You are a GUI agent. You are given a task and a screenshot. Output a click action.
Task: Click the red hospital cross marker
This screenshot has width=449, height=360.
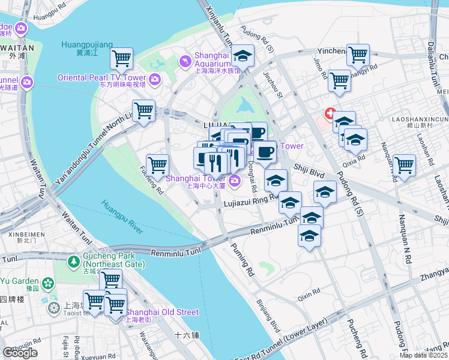point(330,113)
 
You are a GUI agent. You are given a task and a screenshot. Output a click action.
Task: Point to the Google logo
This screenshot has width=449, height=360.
point(20,353)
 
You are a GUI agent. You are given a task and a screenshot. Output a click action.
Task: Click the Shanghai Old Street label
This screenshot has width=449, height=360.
point(162,312)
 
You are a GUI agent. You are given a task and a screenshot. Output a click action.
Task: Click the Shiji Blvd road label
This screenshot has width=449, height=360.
point(309,173)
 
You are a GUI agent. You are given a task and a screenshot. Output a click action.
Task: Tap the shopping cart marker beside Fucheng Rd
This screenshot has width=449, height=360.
point(157,164)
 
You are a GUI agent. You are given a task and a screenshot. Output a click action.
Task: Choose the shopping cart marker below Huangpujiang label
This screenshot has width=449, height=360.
point(121,59)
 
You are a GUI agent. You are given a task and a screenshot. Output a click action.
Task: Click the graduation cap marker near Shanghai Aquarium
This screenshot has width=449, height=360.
point(243,56)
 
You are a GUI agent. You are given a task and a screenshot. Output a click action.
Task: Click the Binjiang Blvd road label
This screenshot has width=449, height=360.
point(268,316)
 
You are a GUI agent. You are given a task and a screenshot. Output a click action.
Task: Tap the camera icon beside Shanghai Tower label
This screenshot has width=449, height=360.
point(234,180)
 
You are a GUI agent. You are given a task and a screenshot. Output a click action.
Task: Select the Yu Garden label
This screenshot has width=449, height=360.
point(19,281)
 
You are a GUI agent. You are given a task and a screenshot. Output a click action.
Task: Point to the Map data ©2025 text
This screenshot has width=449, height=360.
point(423,355)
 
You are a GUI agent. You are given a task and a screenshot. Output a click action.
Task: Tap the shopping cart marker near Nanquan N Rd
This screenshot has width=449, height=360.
point(404,164)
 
